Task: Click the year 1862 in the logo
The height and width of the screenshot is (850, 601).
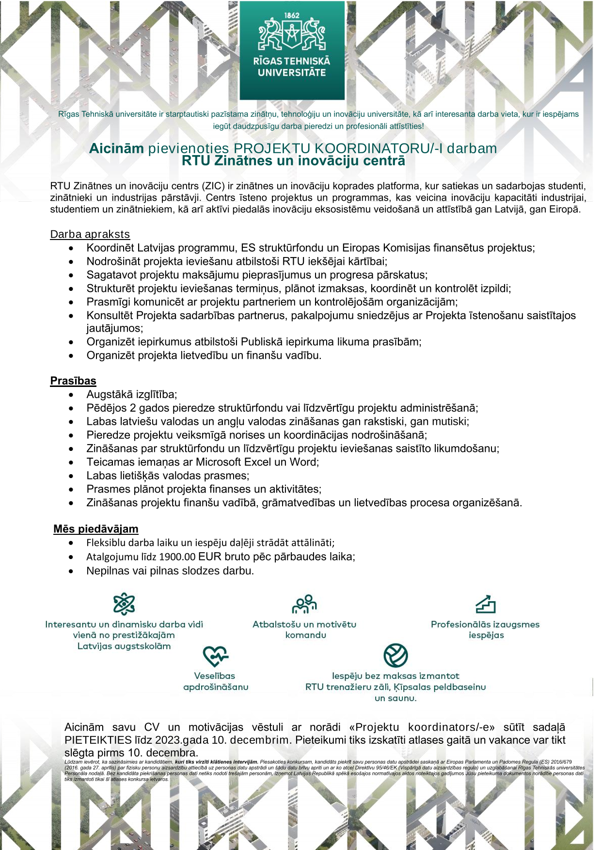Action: pyautogui.click(x=292, y=16)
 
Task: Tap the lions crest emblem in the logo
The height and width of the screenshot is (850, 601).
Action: pyautogui.click(x=292, y=34)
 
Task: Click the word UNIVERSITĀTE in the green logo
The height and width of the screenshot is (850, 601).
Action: pyautogui.click(x=292, y=73)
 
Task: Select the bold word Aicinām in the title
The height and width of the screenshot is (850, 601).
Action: pyautogui.click(x=116, y=148)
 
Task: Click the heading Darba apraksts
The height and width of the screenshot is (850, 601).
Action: pyautogui.click(x=90, y=234)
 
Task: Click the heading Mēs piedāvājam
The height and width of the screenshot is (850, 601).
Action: pyautogui.click(x=96, y=529)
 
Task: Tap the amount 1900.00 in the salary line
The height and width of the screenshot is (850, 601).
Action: pyautogui.click(x=177, y=557)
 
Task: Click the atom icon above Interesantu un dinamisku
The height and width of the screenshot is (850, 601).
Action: pyautogui.click(x=124, y=604)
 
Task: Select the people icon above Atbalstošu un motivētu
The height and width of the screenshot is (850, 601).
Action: pyautogui.click(x=304, y=604)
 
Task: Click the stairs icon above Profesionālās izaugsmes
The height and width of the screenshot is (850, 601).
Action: pyautogui.click(x=485, y=604)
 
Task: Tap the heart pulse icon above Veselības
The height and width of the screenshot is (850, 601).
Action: pyautogui.click(x=215, y=656)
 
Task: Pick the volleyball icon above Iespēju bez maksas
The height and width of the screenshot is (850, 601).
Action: pyautogui.click(x=395, y=656)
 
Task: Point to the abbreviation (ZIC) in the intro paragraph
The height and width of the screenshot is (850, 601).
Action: pyautogui.click(x=213, y=186)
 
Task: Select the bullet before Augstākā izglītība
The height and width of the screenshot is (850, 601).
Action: pyautogui.click(x=72, y=395)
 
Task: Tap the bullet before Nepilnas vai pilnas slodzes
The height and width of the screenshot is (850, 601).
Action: pyautogui.click(x=72, y=571)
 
